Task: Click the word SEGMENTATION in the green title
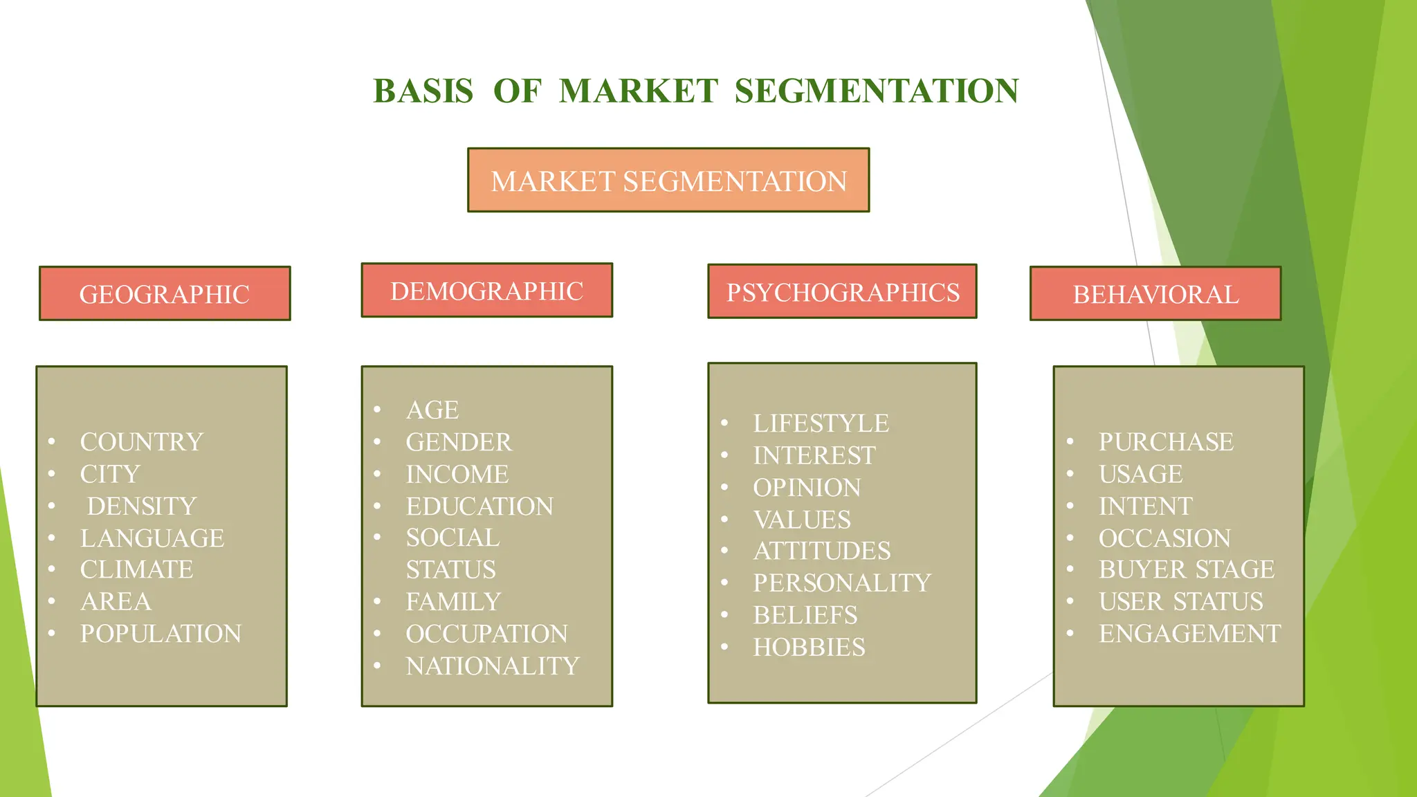click(x=877, y=91)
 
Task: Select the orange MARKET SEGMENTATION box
click(x=668, y=181)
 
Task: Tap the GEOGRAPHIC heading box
click(x=165, y=294)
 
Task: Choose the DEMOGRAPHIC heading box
click(x=486, y=291)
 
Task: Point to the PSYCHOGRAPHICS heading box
click(x=842, y=292)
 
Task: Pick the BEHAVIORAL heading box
click(x=1155, y=294)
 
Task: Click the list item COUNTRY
click(x=142, y=442)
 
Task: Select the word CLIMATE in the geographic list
click(x=136, y=569)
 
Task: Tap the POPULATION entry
click(x=161, y=634)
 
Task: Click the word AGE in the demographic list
click(x=432, y=410)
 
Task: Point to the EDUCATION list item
click(x=479, y=506)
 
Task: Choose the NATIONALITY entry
click(x=493, y=666)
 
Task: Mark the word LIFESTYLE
click(x=821, y=423)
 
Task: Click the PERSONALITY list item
click(x=842, y=583)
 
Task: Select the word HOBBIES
click(x=809, y=648)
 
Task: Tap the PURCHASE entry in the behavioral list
click(x=1166, y=442)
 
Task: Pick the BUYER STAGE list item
click(x=1187, y=569)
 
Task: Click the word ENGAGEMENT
click(x=1189, y=634)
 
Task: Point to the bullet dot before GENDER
click(x=378, y=441)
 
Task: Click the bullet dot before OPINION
click(x=724, y=487)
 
